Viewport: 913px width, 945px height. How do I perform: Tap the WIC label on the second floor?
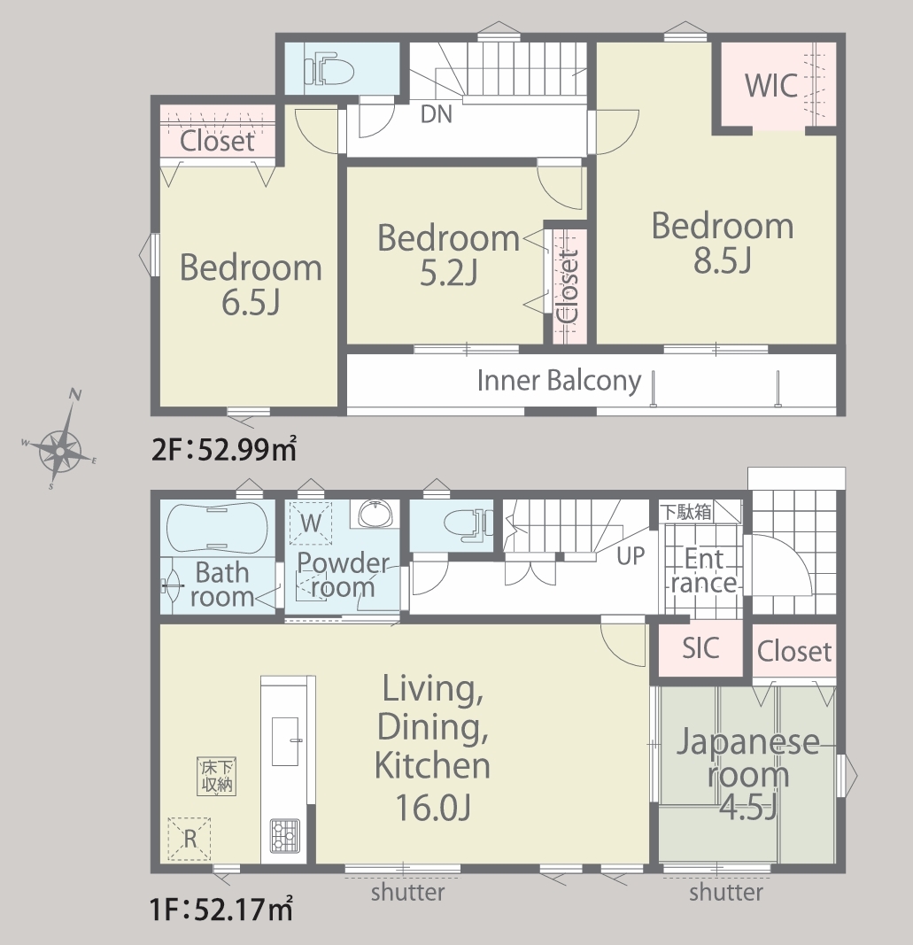pos(770,85)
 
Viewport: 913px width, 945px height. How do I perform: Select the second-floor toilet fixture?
pos(328,71)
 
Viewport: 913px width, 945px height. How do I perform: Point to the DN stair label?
pos(437,114)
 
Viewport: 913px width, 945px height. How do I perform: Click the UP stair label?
pos(631,555)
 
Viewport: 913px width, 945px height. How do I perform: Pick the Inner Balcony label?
pos(559,381)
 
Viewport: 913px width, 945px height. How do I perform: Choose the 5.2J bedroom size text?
pos(448,273)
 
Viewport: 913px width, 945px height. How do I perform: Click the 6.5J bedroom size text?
pos(251,303)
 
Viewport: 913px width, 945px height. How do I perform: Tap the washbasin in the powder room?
pos(375,514)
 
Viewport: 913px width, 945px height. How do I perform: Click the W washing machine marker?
pos(310,523)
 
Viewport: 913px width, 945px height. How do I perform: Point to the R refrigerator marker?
pos(190,839)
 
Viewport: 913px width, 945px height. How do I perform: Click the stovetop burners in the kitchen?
pos(284,835)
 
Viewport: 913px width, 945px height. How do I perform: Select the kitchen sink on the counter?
pos(285,741)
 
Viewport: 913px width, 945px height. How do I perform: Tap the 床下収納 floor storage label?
pos(216,776)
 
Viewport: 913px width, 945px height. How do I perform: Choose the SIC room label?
pos(700,648)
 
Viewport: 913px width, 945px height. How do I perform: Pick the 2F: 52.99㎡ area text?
pos(224,450)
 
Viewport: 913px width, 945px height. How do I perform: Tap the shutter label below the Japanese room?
pos(726,892)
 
